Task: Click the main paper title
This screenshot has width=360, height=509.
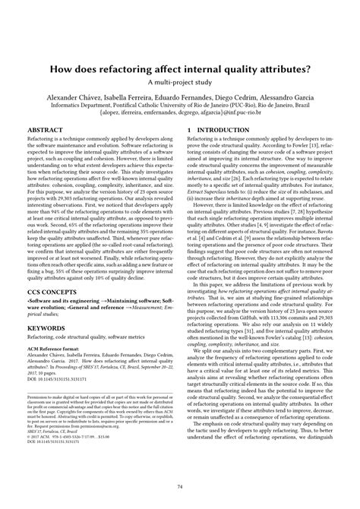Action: tap(180, 69)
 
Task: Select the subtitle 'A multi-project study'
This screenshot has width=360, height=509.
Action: tap(180, 82)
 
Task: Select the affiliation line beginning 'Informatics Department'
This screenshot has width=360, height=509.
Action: tap(180, 108)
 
